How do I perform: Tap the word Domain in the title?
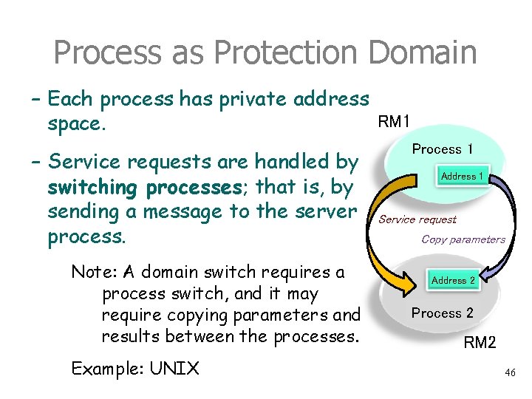click(422, 53)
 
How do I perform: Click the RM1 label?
click(397, 121)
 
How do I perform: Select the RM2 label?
click(480, 342)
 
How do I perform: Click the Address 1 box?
click(463, 176)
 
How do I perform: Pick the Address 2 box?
click(453, 280)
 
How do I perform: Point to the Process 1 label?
click(443, 149)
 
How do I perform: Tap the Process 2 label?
click(443, 313)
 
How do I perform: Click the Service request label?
click(417, 219)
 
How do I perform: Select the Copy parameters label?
click(463, 239)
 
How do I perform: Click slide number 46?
click(510, 374)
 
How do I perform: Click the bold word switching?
click(94, 188)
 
